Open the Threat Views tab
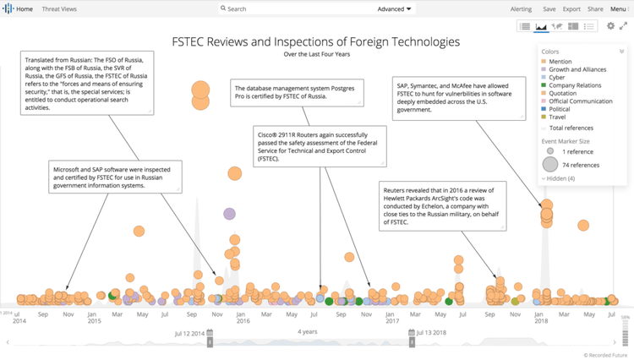coord(59,8)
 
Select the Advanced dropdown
coord(395,8)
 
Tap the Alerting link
coord(522,8)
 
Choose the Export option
coord(571,8)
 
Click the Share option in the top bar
coord(595,8)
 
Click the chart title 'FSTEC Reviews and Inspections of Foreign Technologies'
coord(316,41)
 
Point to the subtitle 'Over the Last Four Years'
coord(316,54)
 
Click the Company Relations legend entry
coord(574,85)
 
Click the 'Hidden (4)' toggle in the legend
coord(560,178)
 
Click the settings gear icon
coord(610,26)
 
